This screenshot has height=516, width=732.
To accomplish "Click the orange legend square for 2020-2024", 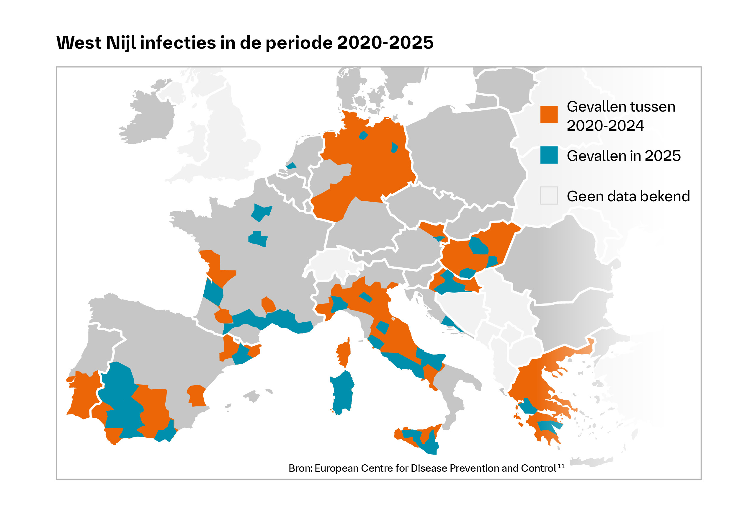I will pos(549,115).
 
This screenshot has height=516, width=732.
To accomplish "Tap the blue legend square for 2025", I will pos(549,155).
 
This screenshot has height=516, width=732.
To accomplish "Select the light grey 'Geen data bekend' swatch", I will pos(549,195).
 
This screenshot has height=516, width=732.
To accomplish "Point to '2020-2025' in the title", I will pos(385,43).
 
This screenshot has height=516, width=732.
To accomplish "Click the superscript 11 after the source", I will pos(561,466).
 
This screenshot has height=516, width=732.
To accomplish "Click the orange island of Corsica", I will pos(344,353).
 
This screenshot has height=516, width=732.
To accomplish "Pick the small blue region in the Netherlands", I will pos(291,166).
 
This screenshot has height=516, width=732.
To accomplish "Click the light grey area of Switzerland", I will pos(331,265).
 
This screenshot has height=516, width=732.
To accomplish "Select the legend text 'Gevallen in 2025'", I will pos(624,156).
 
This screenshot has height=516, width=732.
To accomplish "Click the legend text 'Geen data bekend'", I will pos(628,196).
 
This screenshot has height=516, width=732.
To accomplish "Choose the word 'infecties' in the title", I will pos(178,43).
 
